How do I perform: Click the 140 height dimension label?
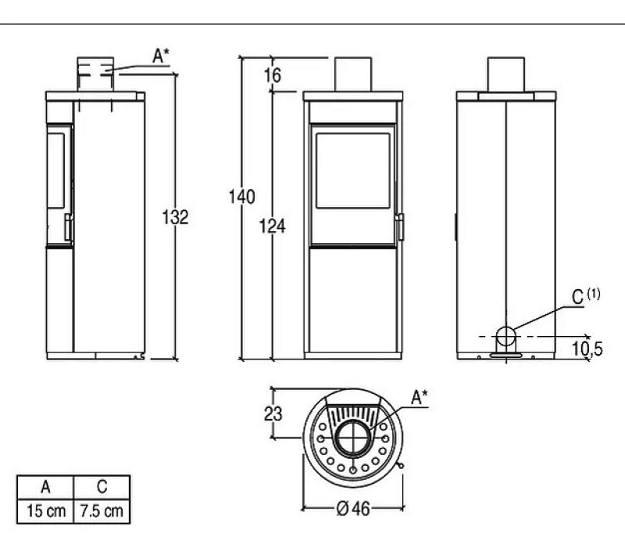(241, 197)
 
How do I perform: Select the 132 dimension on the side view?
(175, 217)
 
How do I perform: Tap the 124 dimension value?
(272, 226)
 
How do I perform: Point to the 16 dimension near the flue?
(273, 75)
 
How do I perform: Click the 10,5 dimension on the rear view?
(587, 349)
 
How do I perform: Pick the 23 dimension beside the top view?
(273, 413)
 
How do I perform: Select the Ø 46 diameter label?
(353, 509)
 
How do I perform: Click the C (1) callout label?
(585, 296)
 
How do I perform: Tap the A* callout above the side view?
(161, 56)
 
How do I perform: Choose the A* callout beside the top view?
(420, 398)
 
